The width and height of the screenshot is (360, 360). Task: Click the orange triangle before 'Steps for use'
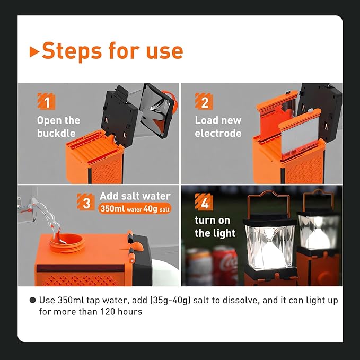click(34, 52)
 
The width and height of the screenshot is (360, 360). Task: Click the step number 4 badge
click(204, 201)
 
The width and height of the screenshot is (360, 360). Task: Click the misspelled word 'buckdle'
click(56, 133)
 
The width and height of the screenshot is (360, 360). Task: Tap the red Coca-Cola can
click(225, 265)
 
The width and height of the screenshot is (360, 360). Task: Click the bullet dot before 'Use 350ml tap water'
click(33, 300)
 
